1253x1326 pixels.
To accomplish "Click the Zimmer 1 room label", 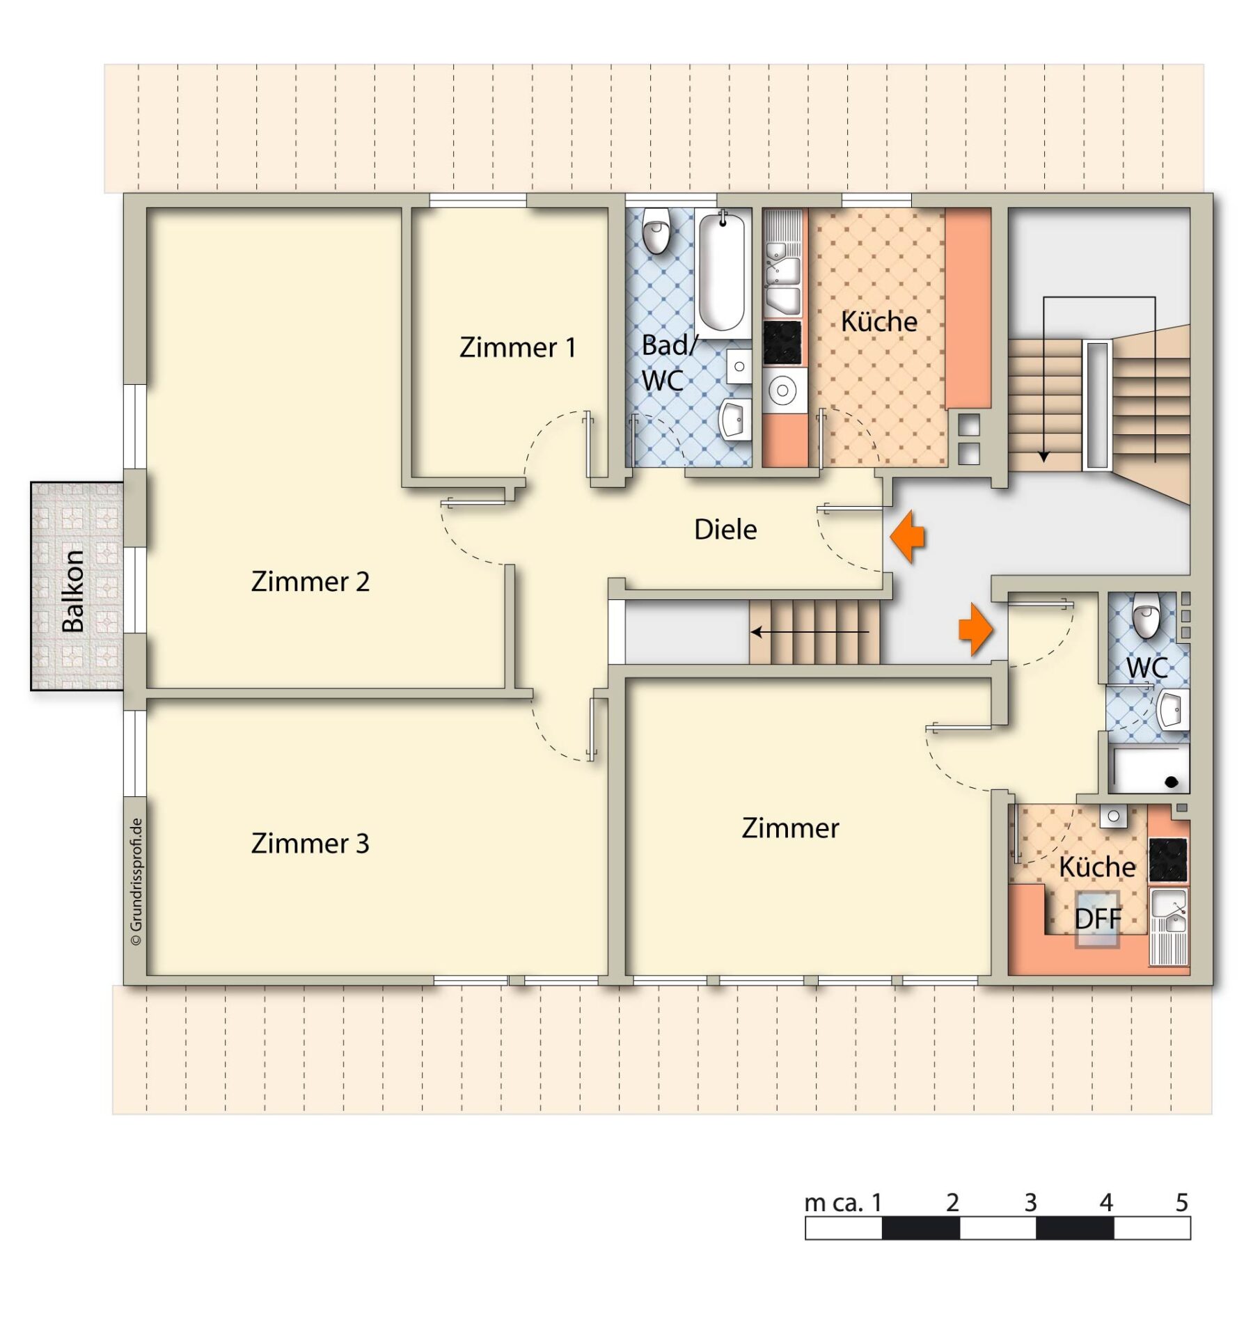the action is (517, 347).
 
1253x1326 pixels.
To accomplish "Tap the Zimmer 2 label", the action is (310, 581).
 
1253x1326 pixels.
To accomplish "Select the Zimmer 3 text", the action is (310, 843).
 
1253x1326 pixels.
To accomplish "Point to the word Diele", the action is (725, 529).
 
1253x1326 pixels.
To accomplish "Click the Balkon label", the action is (73, 591).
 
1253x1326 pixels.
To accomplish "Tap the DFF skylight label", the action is (1098, 919).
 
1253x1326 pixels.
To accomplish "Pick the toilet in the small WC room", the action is (1145, 615).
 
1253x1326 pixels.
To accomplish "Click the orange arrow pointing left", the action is (908, 536).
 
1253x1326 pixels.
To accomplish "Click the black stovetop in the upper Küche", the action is (782, 342).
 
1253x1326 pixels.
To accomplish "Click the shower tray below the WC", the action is (1149, 769).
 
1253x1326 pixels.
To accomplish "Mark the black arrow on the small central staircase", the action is (810, 632).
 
